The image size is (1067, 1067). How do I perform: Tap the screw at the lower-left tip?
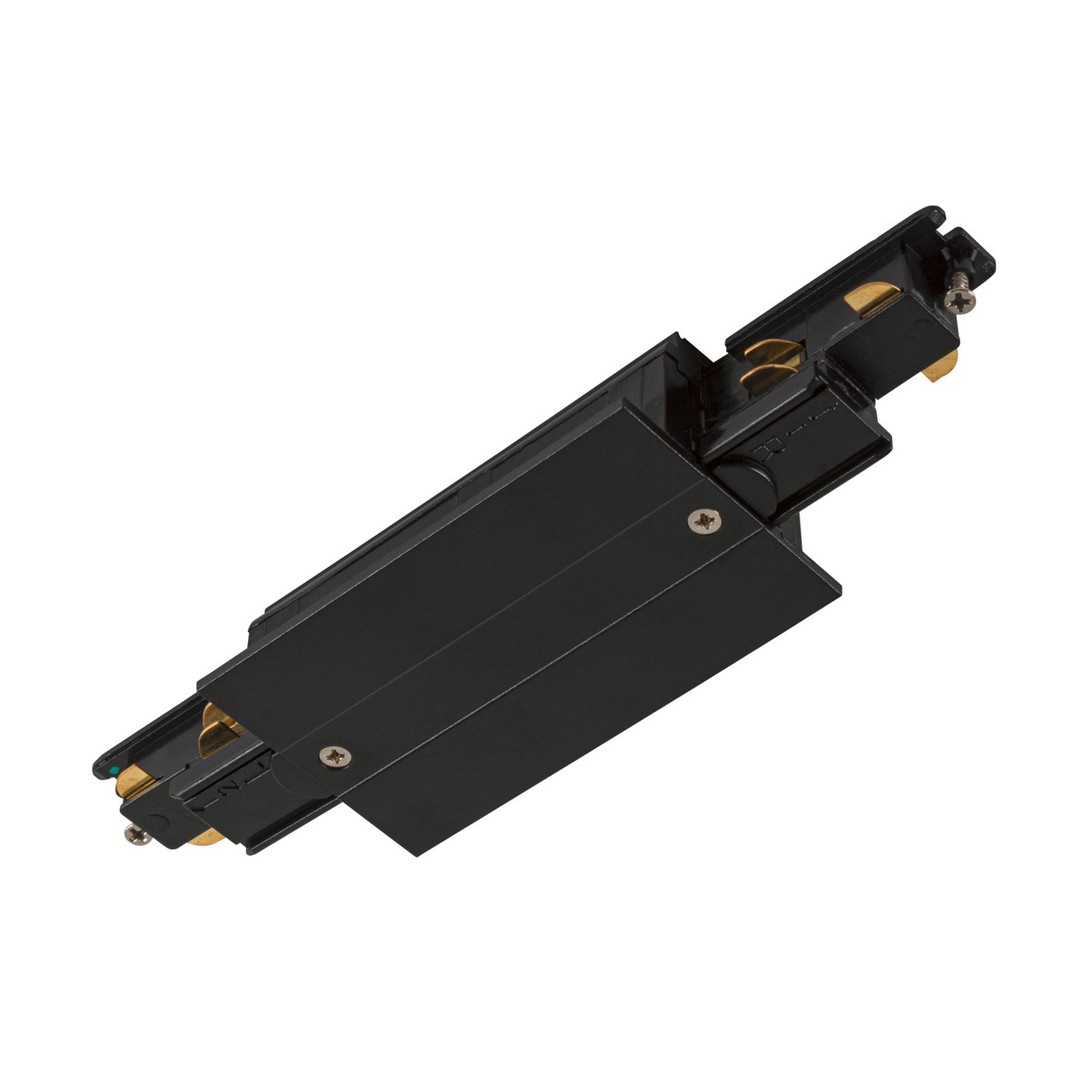point(137,835)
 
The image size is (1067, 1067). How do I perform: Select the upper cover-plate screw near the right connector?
point(704,521)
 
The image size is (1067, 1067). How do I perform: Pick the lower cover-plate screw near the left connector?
point(336,755)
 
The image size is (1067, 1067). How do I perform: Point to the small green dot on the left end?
point(111,770)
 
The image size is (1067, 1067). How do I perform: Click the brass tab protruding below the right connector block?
point(941,366)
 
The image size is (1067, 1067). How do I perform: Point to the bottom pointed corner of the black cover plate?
point(418,854)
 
